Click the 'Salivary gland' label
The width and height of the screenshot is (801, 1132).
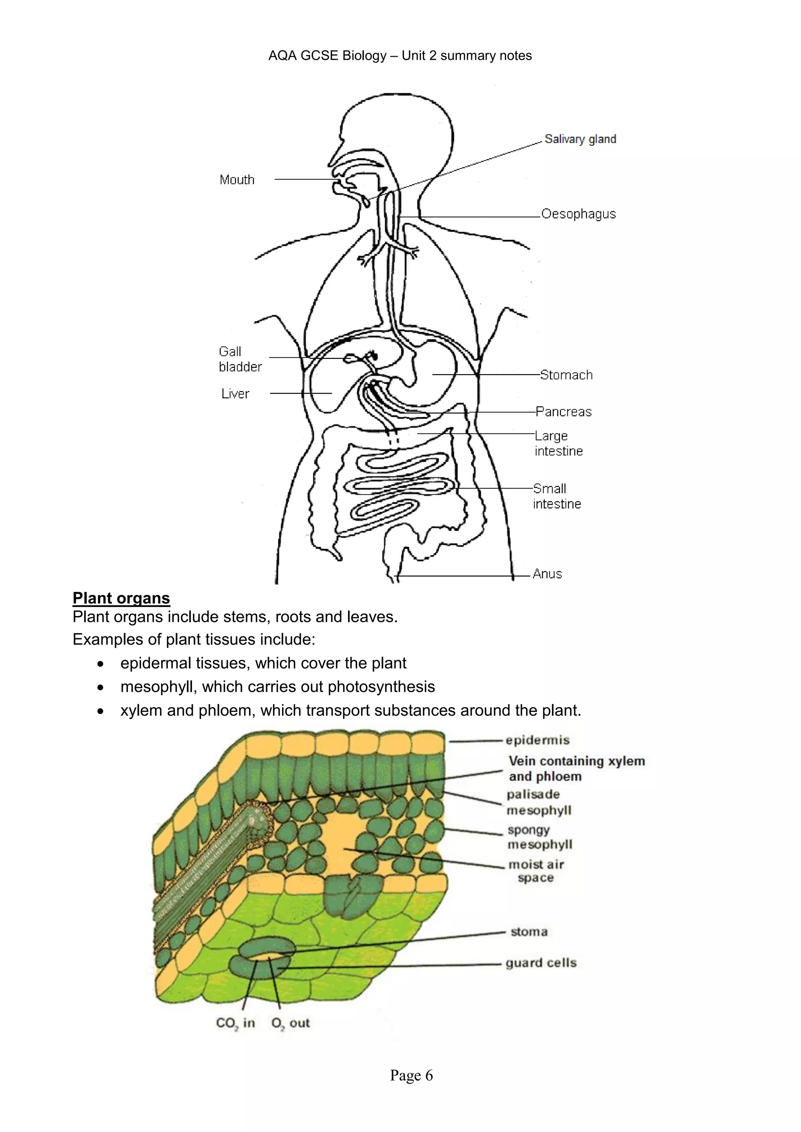[580, 139]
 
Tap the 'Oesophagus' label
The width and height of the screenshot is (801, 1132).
[578, 214]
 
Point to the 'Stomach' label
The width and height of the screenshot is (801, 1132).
[566, 375]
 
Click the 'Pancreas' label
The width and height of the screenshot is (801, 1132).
[564, 412]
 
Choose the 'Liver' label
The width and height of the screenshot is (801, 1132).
[235, 394]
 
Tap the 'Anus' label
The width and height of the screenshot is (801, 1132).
[547, 574]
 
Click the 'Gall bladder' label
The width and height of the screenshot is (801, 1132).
[240, 359]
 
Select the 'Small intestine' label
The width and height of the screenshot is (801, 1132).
[557, 496]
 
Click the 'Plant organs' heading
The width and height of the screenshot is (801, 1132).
[121, 598]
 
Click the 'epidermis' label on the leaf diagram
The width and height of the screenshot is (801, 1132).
[538, 740]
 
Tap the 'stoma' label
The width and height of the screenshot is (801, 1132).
[529, 932]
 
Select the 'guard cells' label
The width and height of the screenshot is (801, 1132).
[541, 963]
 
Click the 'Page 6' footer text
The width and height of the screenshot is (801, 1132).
[411, 1075]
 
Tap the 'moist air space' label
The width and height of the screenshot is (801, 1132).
[536, 871]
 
